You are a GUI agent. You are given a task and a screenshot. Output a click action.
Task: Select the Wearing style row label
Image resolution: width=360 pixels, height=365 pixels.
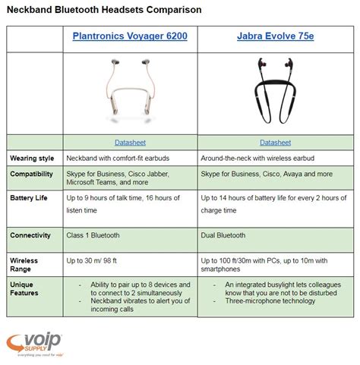tap(31, 158)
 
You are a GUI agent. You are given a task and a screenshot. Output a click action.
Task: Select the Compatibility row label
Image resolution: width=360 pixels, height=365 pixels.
tap(32, 173)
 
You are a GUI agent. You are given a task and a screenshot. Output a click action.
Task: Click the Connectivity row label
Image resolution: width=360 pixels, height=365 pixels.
tap(30, 235)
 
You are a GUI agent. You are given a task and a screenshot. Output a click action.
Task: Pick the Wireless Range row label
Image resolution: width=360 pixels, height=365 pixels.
tap(24, 263)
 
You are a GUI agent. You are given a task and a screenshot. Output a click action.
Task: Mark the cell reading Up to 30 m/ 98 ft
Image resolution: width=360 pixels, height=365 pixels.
tap(102, 259)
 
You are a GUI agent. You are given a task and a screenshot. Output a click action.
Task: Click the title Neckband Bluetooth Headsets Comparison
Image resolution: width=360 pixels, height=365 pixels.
tap(105, 11)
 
